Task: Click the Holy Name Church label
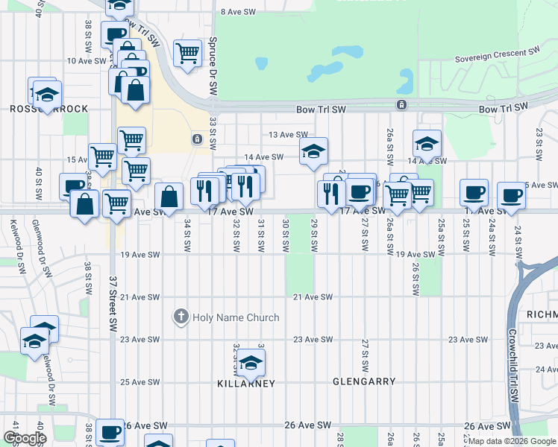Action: pyautogui.click(x=236, y=317)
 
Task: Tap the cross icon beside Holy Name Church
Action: pyautogui.click(x=180, y=317)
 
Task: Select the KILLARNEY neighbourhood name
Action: pyautogui.click(x=246, y=383)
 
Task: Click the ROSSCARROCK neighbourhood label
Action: pyautogui.click(x=49, y=109)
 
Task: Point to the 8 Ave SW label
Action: pyautogui.click(x=239, y=12)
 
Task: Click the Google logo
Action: pyautogui.click(x=25, y=437)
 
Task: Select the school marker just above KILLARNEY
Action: pyautogui.click(x=251, y=363)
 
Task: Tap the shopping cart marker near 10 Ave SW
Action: pyautogui.click(x=187, y=52)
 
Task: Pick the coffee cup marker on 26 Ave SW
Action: pyautogui.click(x=110, y=431)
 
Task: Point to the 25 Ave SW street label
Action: pyautogui.click(x=139, y=382)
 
